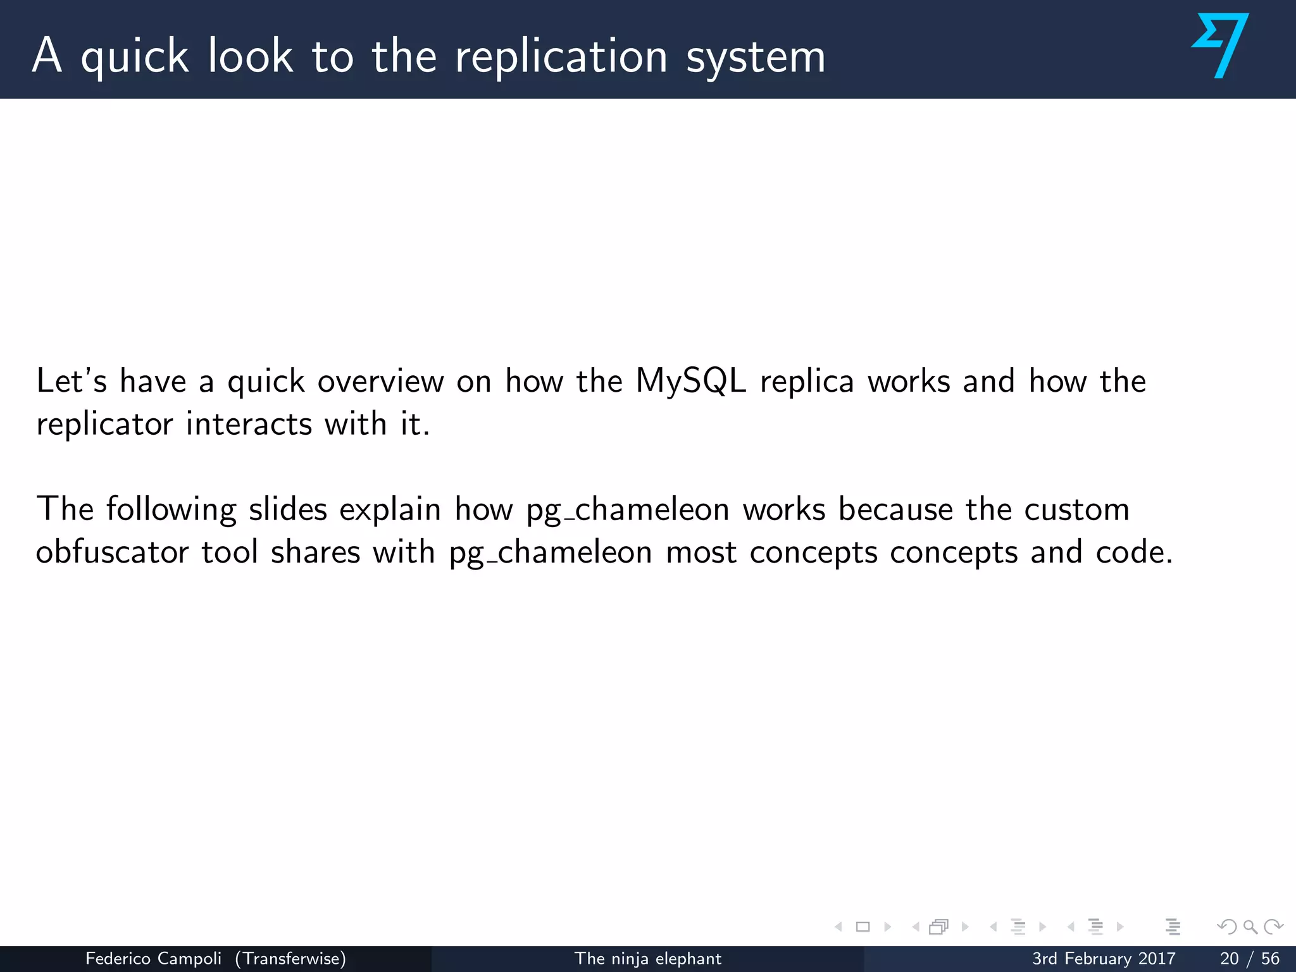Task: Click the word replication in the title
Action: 561,57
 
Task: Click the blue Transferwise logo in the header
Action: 1220,46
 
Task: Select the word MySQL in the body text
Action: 690,382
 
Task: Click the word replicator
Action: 104,424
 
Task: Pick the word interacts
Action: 249,424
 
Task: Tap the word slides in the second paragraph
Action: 288,509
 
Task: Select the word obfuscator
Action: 112,552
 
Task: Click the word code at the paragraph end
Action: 1133,552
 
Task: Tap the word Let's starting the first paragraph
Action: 72,382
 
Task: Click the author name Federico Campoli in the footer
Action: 153,959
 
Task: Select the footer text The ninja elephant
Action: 647,959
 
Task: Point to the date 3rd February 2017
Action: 1104,959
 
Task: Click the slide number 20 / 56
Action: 1249,959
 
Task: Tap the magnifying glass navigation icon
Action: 1250,927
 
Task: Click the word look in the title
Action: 251,57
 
